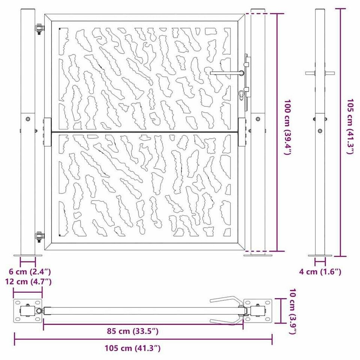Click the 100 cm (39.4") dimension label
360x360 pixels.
click(x=287, y=128)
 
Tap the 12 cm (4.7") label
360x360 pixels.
click(x=28, y=281)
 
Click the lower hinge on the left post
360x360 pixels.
click(x=39, y=236)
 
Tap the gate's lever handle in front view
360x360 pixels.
click(x=227, y=73)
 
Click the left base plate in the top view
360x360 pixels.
click(x=28, y=311)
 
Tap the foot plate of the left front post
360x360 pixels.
click(x=28, y=256)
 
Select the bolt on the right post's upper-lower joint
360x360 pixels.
click(x=258, y=119)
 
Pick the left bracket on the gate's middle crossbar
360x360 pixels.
click(x=47, y=131)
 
